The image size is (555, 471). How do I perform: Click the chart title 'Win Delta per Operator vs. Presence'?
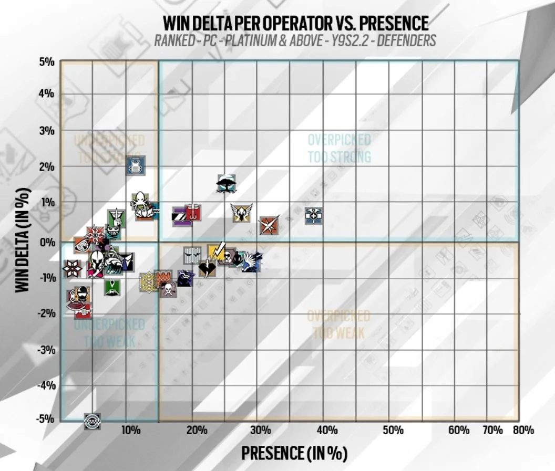pyautogui.click(x=295, y=23)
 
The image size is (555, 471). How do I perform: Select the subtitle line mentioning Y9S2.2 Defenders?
pyautogui.click(x=295, y=40)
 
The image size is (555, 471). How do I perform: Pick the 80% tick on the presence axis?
pyautogui.click(x=523, y=431)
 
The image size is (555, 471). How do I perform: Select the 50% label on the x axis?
pyautogui.click(x=393, y=431)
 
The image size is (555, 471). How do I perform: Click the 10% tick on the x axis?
pyautogui.click(x=130, y=431)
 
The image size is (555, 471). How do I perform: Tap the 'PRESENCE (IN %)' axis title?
pyautogui.click(x=294, y=453)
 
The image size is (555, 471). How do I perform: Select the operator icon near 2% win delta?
pyautogui.click(x=136, y=166)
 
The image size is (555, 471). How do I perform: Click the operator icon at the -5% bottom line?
pyautogui.click(x=92, y=420)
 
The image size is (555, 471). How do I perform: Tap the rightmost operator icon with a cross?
pyautogui.click(x=313, y=215)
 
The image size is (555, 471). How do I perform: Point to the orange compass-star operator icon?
pyautogui.click(x=269, y=225)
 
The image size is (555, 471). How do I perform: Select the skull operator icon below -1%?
pyautogui.click(x=168, y=289)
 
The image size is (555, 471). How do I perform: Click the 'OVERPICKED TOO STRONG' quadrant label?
pyautogui.click(x=339, y=148)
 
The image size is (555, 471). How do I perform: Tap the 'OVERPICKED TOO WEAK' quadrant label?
pyautogui.click(x=338, y=324)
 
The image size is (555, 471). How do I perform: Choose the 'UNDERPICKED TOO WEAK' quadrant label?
pyautogui.click(x=109, y=333)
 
